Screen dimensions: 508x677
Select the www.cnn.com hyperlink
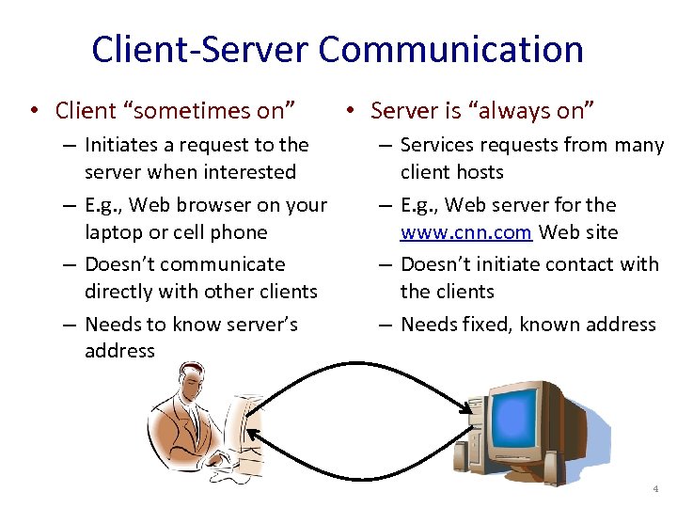coord(466,232)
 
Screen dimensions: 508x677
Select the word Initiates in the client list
coord(122,145)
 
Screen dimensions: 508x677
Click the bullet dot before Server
coord(349,111)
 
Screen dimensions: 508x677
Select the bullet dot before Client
coord(33,111)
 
